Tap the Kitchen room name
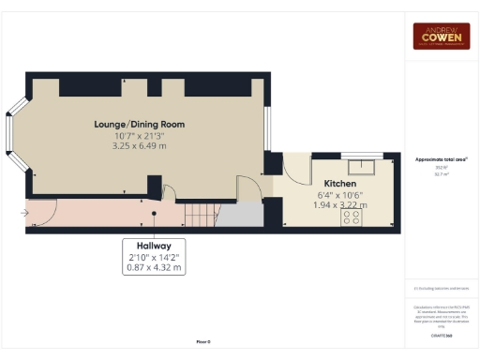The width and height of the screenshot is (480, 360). [339, 183]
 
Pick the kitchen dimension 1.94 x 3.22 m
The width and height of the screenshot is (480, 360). [339, 204]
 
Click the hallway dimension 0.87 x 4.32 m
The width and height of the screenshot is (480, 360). [155, 267]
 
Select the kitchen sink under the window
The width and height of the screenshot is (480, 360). [356, 167]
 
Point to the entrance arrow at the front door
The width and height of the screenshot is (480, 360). [22, 213]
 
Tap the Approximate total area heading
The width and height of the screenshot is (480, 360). [442, 160]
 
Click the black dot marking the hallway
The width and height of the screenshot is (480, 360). [155, 213]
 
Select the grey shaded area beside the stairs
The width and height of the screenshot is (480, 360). [239, 215]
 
